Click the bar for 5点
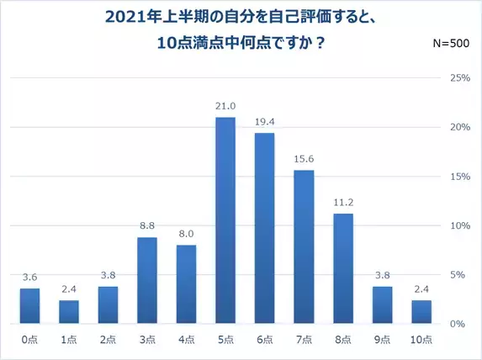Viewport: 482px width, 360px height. (225, 220)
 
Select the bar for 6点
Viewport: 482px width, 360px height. (264, 228)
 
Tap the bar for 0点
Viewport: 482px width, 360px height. (29, 306)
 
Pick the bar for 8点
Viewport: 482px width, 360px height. (343, 268)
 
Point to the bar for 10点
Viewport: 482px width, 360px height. (421, 312)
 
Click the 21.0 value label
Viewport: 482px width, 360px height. (225, 106)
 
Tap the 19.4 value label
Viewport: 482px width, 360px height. (264, 122)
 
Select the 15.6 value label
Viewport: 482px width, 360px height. (304, 159)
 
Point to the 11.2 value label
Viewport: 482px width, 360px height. (343, 203)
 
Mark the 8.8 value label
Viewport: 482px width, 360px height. (147, 226)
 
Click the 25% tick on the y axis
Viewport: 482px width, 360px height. (460, 78)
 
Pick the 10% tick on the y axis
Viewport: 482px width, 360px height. (460, 225)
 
